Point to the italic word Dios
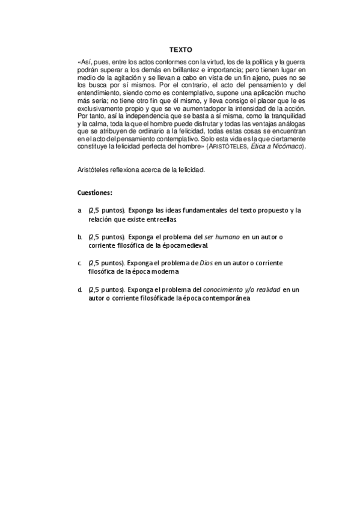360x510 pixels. click(x=207, y=263)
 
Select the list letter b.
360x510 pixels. click(x=80, y=237)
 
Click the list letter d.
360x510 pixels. click(x=80, y=290)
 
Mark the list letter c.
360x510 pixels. click(x=80, y=263)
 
